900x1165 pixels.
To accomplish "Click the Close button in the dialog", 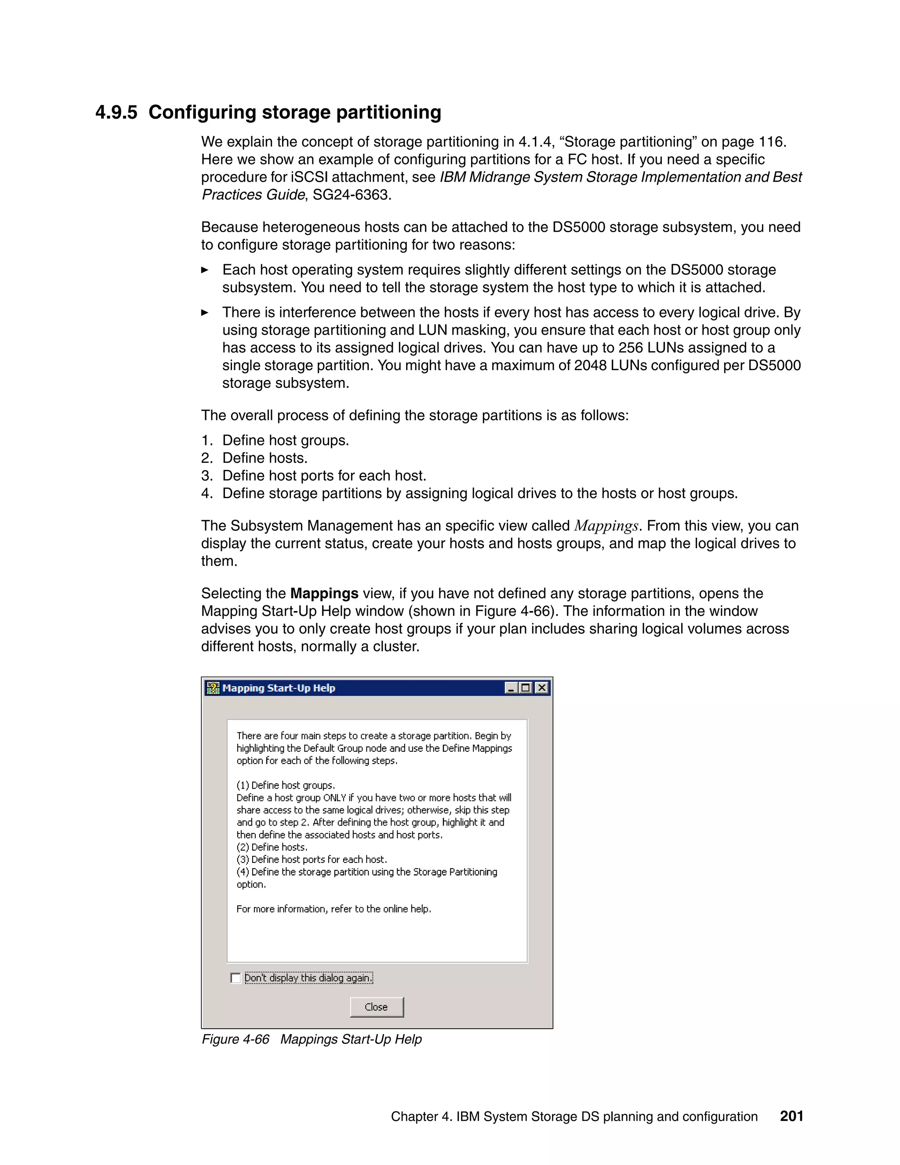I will [377, 1007].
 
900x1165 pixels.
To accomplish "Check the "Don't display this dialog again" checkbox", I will [236, 978].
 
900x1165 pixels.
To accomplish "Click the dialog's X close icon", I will [542, 688].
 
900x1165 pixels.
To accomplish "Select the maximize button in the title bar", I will [526, 688].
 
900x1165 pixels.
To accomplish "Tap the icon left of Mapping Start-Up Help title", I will [213, 688].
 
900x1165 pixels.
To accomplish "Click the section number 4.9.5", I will [116, 113].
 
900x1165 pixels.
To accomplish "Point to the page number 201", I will [791, 1116].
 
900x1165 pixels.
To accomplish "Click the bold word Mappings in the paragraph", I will [324, 593].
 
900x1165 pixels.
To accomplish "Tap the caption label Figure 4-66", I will [235, 1039].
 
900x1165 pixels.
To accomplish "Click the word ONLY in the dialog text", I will [334, 797].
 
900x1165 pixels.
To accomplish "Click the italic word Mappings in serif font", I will [606, 526].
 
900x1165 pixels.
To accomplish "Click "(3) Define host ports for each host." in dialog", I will [312, 859].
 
